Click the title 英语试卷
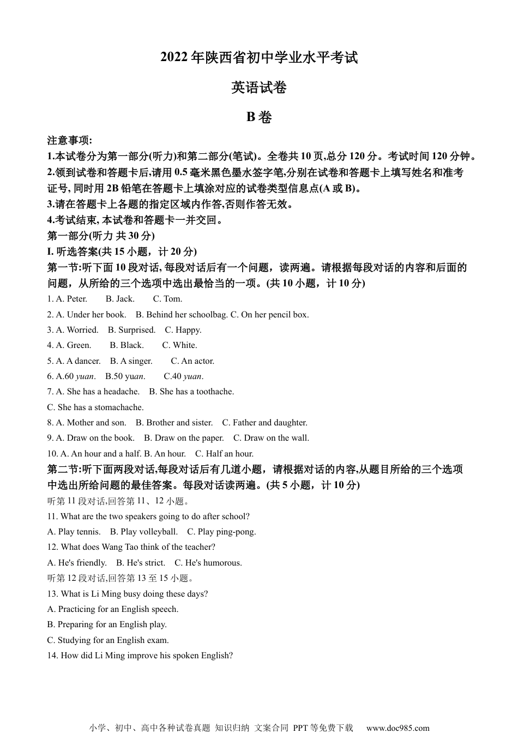coord(258,87)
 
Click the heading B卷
coord(258,117)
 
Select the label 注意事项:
coord(70,141)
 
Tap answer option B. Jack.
coord(120,299)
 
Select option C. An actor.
coord(192,361)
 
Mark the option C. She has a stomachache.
coord(95,407)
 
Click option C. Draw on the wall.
coord(271,438)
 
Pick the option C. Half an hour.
coord(224,454)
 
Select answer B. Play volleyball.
coord(143,532)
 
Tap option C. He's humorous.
coord(208,563)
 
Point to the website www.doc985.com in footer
coord(397,728)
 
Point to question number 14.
coord(52,656)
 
